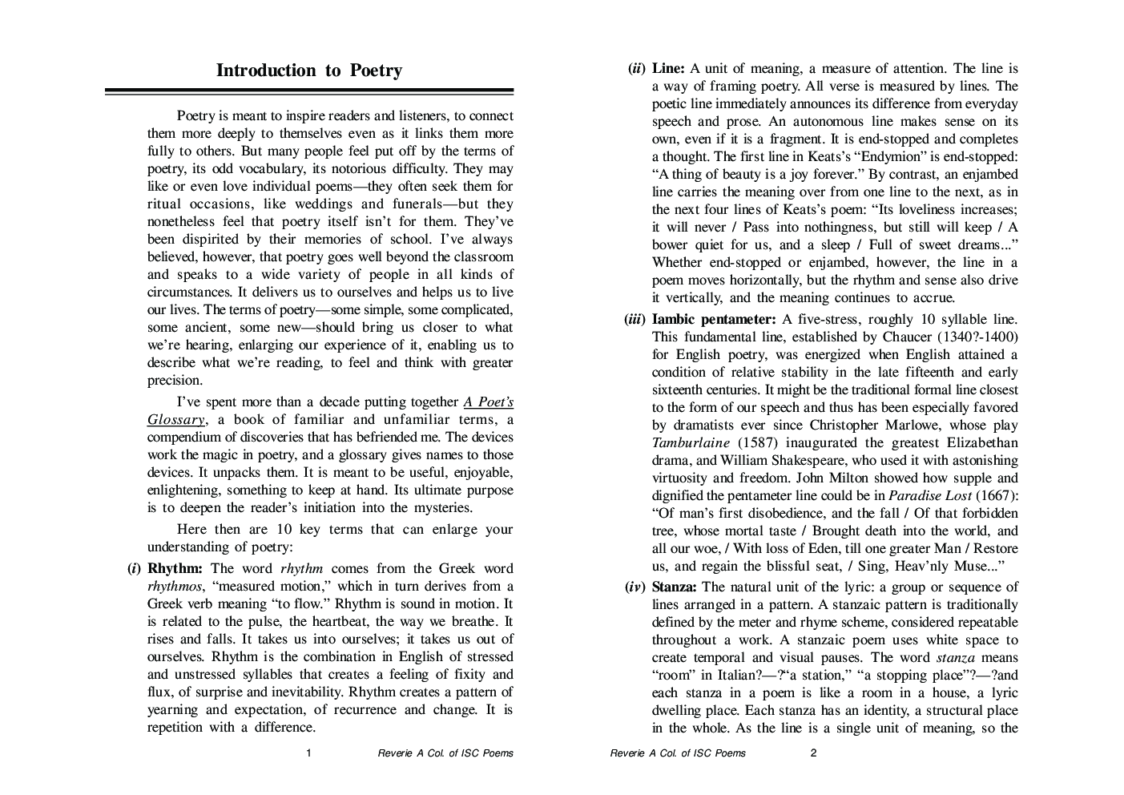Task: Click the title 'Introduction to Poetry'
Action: tap(309, 71)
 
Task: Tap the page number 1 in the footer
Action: tap(309, 753)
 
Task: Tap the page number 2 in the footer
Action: tap(814, 753)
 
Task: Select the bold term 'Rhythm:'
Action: tap(175, 569)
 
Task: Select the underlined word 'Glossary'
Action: tap(176, 420)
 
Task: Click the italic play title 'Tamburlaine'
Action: tap(691, 443)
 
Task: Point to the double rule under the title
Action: tap(309, 92)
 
